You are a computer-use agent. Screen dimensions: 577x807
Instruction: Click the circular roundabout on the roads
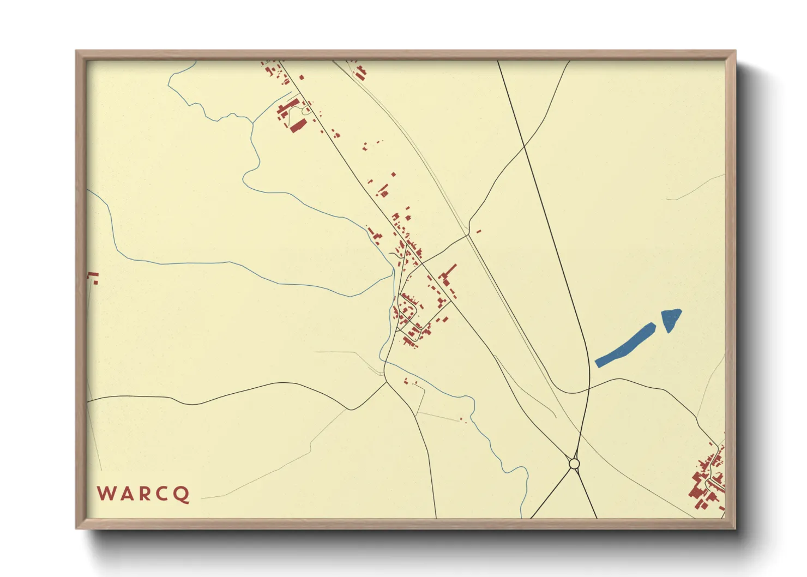[x=574, y=464]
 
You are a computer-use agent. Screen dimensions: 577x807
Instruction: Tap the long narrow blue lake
[x=625, y=345]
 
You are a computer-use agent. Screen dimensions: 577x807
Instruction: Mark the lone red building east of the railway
[x=479, y=231]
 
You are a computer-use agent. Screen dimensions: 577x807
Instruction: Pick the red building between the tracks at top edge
[x=360, y=73]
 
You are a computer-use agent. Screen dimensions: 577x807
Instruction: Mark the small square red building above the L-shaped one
[x=393, y=175]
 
